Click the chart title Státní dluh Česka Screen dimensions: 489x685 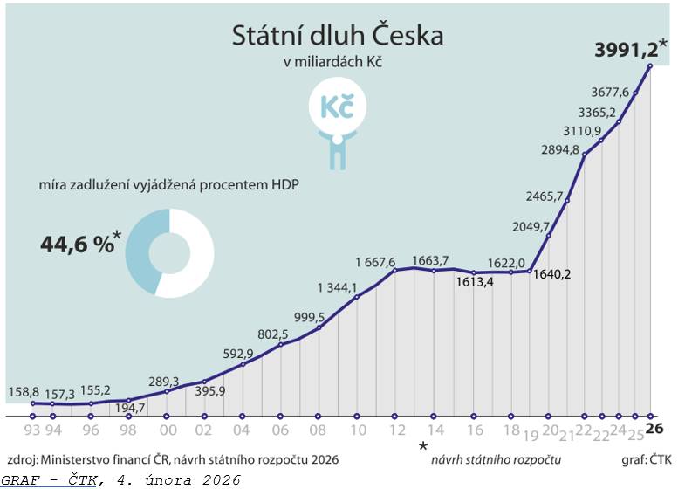pyautogui.click(x=337, y=36)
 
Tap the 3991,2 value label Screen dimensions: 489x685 pyautogui.click(x=626, y=51)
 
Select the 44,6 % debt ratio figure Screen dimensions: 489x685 pyautogui.click(x=78, y=244)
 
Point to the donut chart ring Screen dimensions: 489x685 pyautogui.click(x=140, y=254)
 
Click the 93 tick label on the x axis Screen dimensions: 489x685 pyautogui.click(x=32, y=430)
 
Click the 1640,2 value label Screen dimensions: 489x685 pyautogui.click(x=552, y=273)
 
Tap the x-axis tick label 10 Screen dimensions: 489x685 pyautogui.click(x=358, y=430)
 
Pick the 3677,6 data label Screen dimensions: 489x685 pyautogui.click(x=613, y=92)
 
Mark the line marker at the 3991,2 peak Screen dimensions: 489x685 pyautogui.click(x=651, y=66)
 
